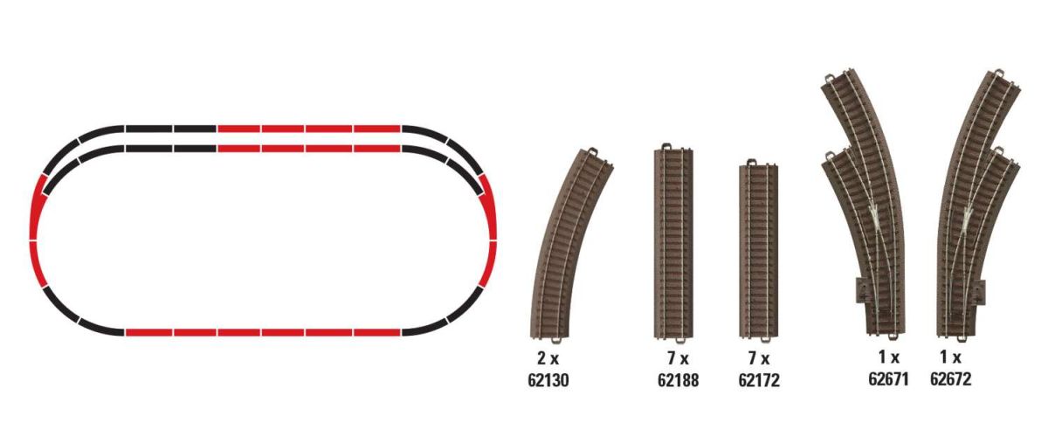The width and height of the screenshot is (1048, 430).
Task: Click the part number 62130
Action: point(548,380)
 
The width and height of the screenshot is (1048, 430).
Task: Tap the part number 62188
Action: point(678,380)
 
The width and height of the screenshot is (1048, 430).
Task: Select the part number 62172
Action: point(759,380)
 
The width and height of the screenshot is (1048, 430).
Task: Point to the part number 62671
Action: point(888,379)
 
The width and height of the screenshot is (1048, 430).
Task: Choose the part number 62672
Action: point(951,379)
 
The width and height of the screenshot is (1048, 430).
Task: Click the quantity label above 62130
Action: point(548,358)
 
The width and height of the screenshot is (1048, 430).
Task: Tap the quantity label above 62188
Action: point(678,358)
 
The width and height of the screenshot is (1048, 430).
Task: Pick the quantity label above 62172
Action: point(759,358)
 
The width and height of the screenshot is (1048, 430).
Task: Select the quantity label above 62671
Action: point(889,357)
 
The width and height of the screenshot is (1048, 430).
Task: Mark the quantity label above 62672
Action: point(951,357)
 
